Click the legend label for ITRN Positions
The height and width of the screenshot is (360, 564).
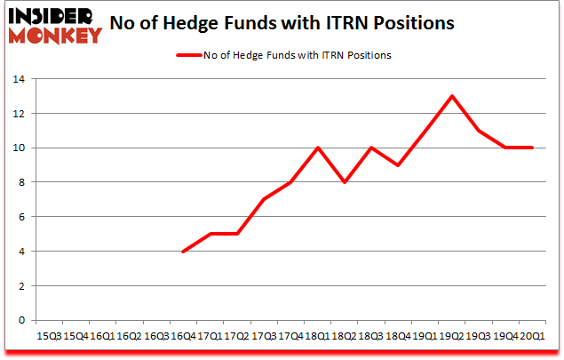click(298, 55)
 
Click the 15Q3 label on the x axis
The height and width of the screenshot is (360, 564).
click(48, 335)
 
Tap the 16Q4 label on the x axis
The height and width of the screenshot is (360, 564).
click(182, 335)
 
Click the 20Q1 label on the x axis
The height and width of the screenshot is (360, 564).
click(533, 335)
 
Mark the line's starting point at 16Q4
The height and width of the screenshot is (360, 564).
click(182, 252)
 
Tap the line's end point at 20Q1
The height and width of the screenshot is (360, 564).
click(533, 148)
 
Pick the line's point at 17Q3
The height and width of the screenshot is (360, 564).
click(264, 200)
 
